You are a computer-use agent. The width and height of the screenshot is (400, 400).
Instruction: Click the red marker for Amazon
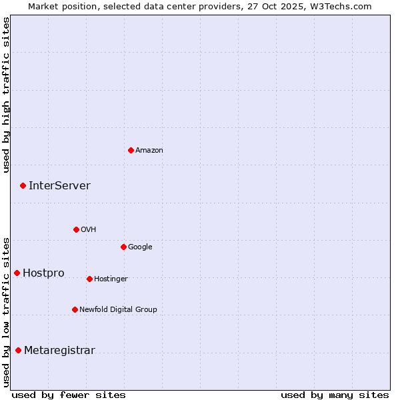tap(131, 150)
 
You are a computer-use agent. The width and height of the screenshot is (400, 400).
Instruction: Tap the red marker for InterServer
tap(23, 185)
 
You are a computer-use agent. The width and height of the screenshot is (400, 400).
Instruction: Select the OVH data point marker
tap(76, 229)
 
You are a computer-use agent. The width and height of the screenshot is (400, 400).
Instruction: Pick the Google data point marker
tap(123, 247)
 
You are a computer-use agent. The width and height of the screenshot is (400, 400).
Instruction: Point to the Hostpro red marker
tap(17, 273)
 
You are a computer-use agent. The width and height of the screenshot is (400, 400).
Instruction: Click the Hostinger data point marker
tap(89, 279)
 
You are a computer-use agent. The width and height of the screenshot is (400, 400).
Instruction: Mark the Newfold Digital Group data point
tap(75, 309)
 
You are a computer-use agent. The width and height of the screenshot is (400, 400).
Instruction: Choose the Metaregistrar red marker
tap(18, 350)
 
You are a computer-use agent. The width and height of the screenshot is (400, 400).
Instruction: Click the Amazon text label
tap(149, 151)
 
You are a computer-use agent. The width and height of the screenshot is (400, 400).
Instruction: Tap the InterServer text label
tap(59, 186)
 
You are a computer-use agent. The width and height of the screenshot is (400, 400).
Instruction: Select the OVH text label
tap(89, 230)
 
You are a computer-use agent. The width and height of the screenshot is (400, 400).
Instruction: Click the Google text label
tap(140, 247)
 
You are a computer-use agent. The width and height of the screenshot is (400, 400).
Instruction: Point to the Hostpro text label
tap(43, 273)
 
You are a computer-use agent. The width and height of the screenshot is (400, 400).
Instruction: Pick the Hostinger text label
tap(111, 279)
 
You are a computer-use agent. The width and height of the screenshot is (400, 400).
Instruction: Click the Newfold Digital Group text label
tap(118, 310)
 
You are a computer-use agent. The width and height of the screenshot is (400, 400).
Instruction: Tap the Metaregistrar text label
tap(59, 351)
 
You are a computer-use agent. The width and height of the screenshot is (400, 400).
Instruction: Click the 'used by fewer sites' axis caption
tap(69, 395)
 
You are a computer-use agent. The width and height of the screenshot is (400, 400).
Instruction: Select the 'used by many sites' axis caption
tap(335, 395)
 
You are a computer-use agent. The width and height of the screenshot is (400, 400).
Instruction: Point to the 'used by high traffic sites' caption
tap(6, 95)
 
